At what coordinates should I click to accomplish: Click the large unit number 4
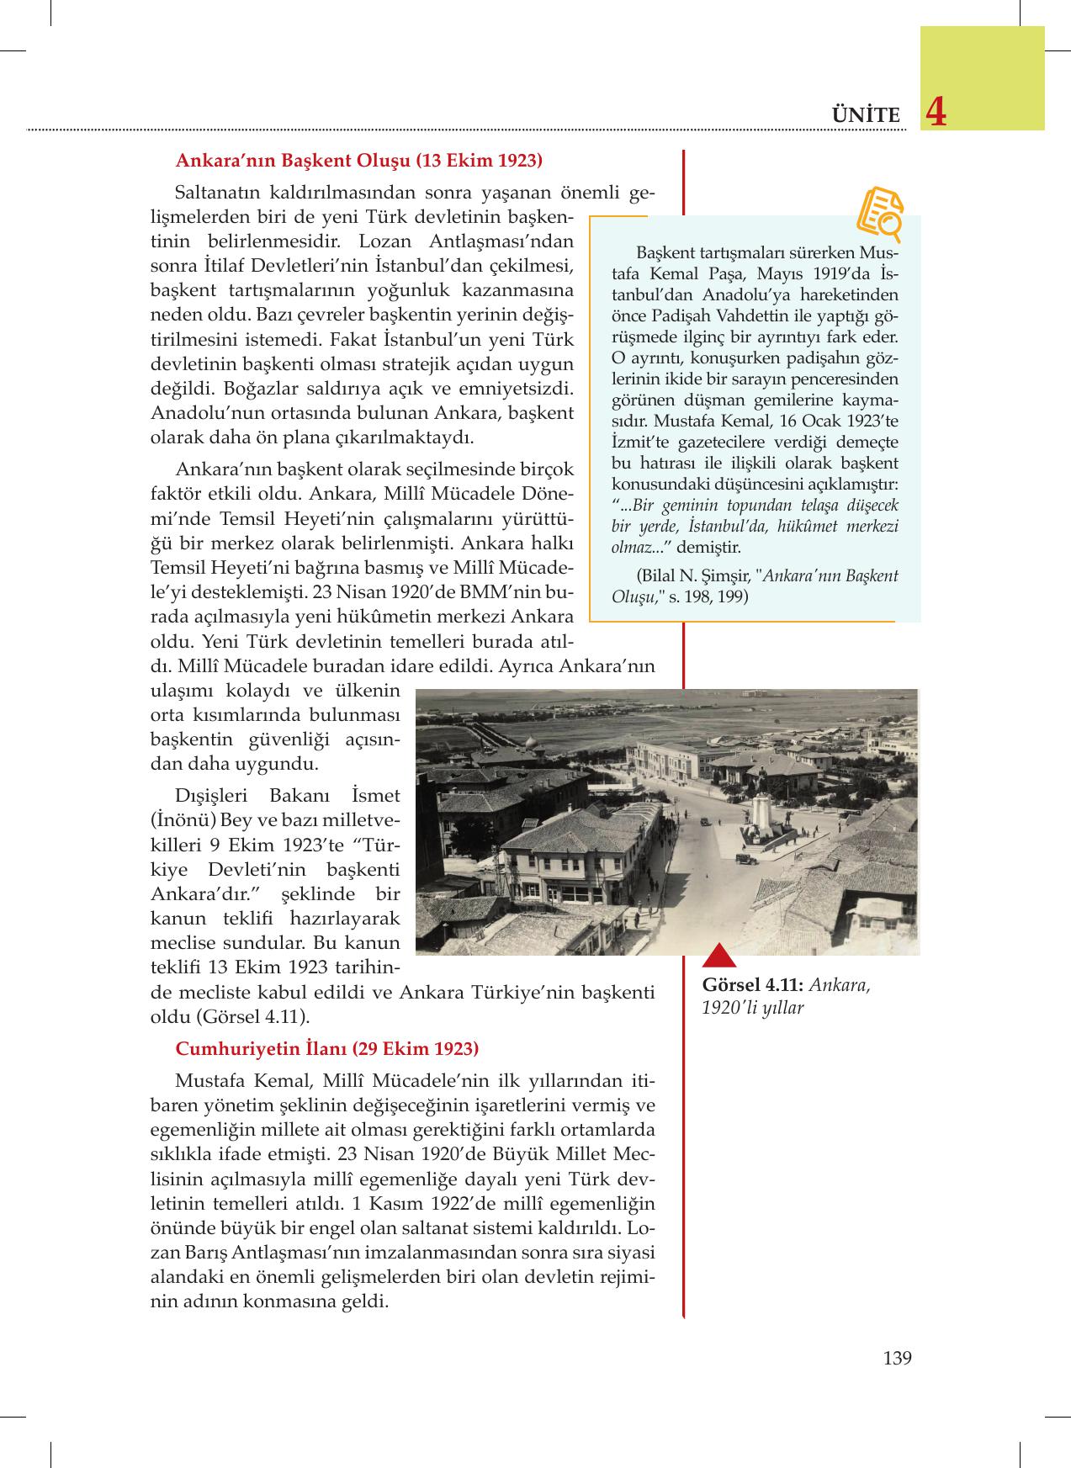click(x=934, y=113)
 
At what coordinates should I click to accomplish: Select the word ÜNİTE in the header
click(x=865, y=115)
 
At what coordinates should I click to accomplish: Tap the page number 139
click(x=898, y=1358)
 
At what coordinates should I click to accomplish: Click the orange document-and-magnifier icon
click(x=880, y=210)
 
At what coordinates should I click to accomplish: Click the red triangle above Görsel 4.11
click(x=719, y=956)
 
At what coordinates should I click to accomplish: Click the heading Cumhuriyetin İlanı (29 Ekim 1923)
click(x=326, y=1048)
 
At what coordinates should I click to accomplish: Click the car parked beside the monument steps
click(x=745, y=860)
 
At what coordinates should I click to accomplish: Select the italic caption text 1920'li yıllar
click(x=752, y=1007)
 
